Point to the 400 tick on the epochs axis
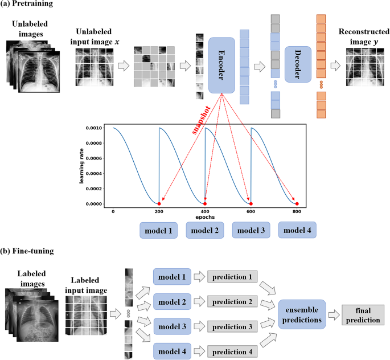pos(204,212)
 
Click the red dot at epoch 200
pos(159,203)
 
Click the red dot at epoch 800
pos(297,203)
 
